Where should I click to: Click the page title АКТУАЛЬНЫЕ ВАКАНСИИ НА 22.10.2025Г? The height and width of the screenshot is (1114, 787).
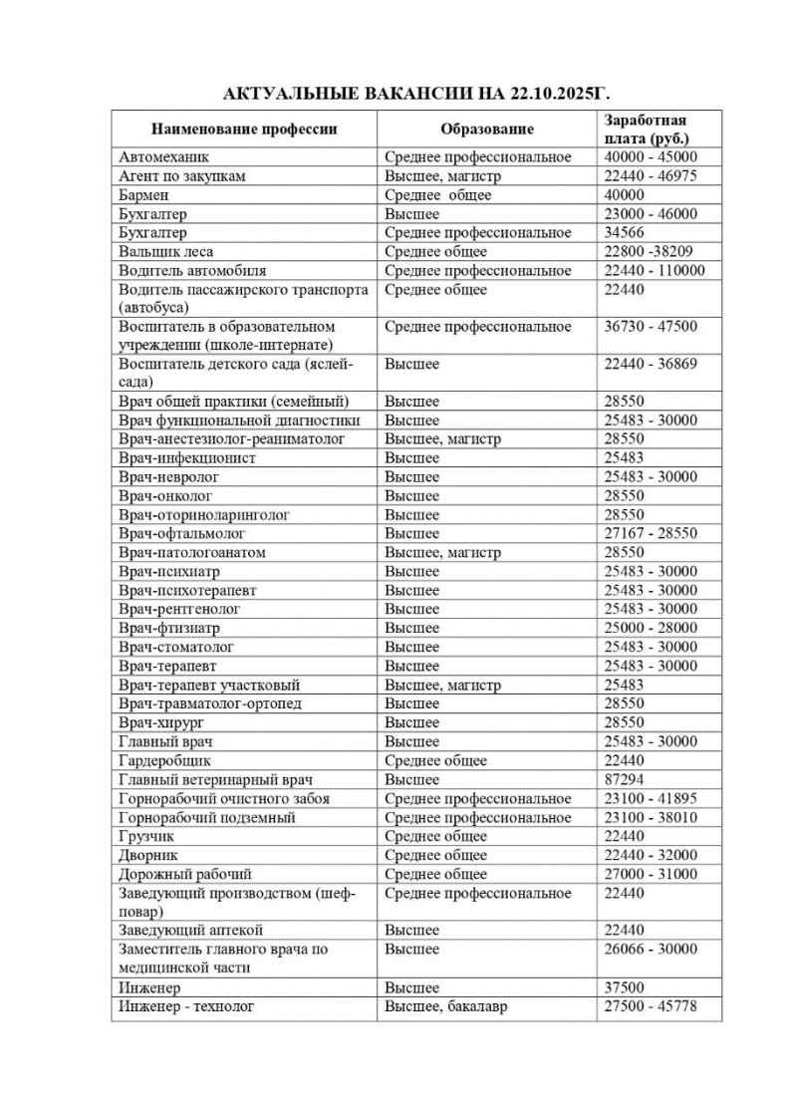click(x=393, y=94)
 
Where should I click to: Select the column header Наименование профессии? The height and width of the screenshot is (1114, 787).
click(x=243, y=129)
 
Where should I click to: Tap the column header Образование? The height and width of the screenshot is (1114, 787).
click(x=487, y=129)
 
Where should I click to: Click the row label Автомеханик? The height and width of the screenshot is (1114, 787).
click(x=163, y=157)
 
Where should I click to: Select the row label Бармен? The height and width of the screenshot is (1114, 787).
click(x=144, y=195)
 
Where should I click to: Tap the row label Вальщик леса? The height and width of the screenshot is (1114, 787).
click(x=165, y=251)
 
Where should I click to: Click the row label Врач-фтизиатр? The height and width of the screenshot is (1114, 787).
click(x=169, y=629)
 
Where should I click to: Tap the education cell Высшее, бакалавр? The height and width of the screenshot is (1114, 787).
click(x=445, y=1007)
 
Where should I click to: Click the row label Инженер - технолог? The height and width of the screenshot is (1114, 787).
click(x=186, y=1007)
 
